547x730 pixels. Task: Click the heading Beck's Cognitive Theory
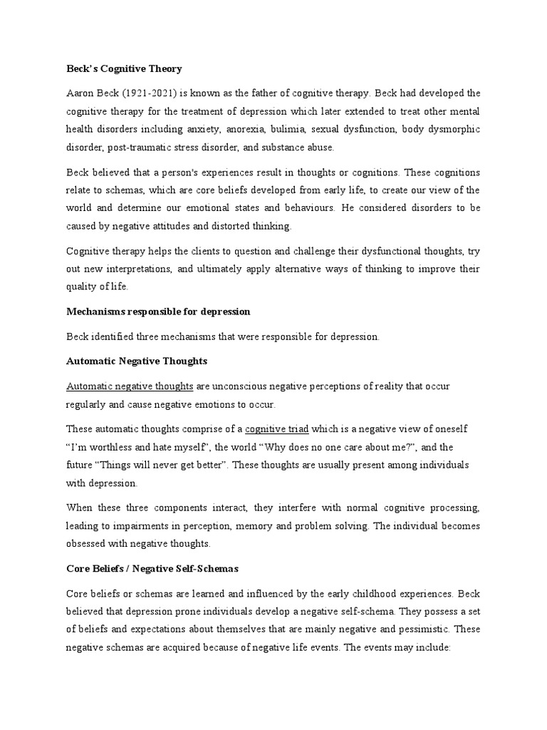(x=124, y=69)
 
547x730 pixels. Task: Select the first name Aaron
(x=81, y=93)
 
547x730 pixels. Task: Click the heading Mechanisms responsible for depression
(x=158, y=312)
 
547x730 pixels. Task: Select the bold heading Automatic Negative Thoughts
(x=137, y=361)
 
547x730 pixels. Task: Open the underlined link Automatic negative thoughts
(x=130, y=386)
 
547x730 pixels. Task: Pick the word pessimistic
(x=421, y=629)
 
